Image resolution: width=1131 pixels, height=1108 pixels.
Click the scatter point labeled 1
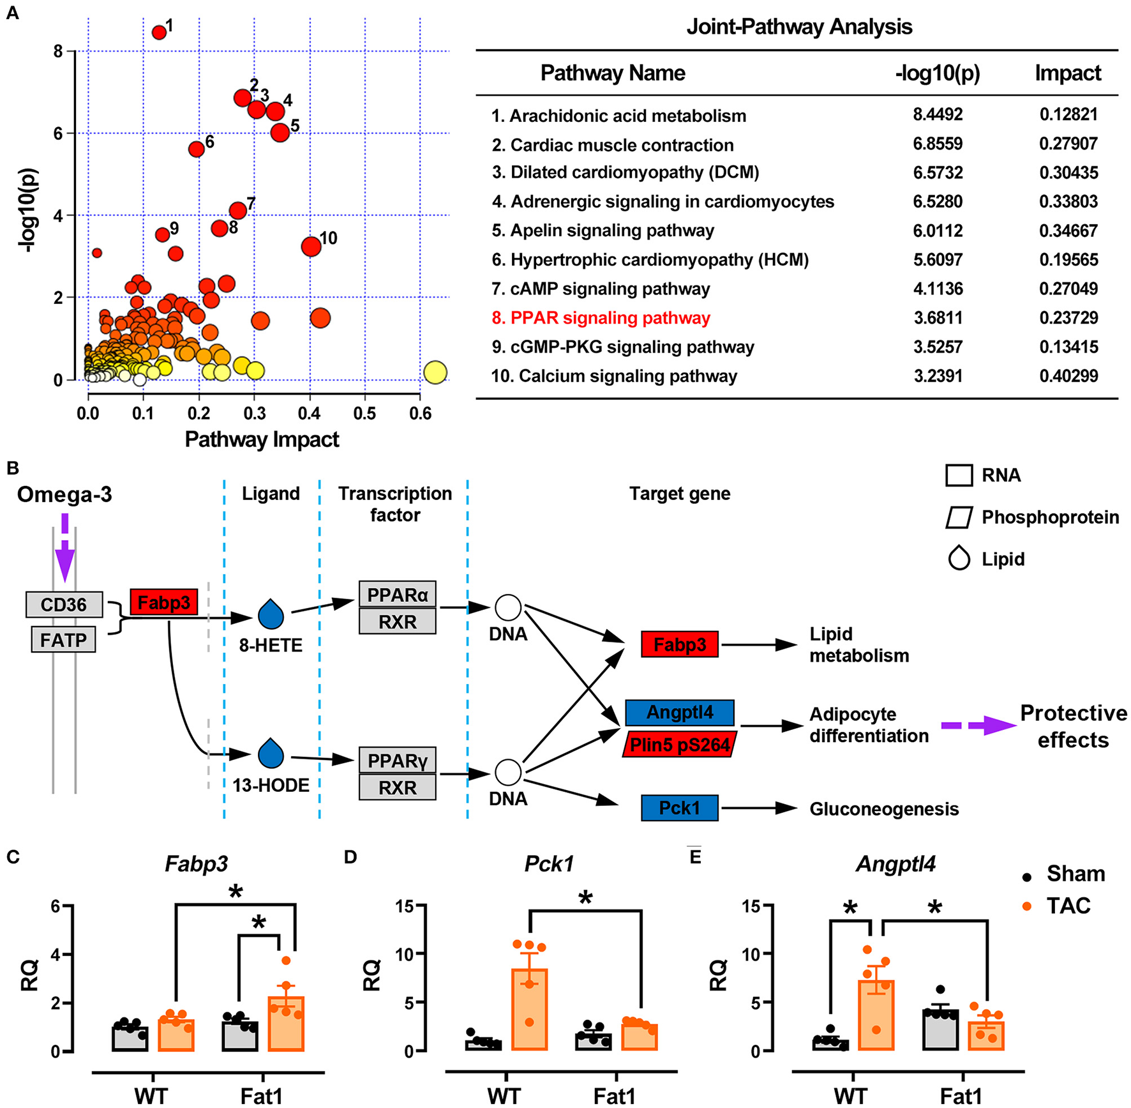[159, 32]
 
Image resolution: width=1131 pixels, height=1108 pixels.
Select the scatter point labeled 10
[311, 246]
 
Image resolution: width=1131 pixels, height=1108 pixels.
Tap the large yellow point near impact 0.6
[435, 372]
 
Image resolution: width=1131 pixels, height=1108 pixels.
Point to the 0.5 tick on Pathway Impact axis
[365, 414]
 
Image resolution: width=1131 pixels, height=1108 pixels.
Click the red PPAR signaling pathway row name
[610, 318]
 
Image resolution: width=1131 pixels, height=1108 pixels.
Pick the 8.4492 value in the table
[937, 115]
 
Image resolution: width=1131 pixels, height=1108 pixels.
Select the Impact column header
[1068, 73]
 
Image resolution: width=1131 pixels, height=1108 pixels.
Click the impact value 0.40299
[1068, 376]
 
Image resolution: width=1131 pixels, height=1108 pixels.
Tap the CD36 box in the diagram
[64, 604]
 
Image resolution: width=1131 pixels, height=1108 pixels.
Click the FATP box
[63, 639]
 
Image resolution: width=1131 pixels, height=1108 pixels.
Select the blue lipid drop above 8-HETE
[271, 614]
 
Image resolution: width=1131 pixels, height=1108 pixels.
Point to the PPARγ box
[397, 761]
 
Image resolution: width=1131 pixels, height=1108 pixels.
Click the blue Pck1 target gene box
[679, 808]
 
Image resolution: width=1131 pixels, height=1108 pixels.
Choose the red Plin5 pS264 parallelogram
[679, 745]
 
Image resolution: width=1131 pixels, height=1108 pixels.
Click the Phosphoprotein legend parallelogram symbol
[959, 517]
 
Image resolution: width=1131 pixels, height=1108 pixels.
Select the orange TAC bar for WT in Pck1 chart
[529, 1009]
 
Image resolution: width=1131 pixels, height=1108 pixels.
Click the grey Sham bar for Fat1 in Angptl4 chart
[940, 1029]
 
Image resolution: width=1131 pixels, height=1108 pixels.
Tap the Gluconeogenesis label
[884, 809]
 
